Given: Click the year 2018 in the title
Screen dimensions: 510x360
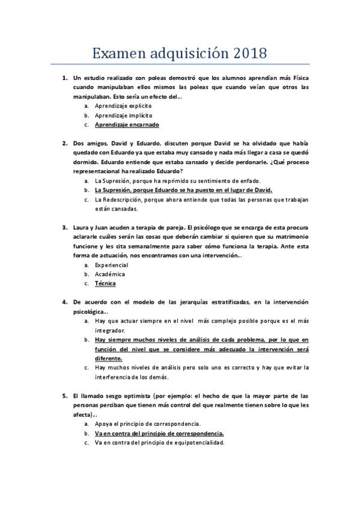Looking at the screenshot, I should pyautogui.click(x=245, y=53).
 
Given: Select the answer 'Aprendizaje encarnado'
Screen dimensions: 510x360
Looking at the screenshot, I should pyautogui.click(x=127, y=125).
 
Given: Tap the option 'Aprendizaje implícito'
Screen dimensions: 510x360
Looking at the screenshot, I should pyautogui.click(x=123, y=115).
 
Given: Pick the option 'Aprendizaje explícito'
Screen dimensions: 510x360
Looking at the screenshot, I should pyautogui.click(x=123, y=105).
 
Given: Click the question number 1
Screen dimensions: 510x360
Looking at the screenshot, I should pyautogui.click(x=65, y=78).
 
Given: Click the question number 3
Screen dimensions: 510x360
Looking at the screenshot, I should pyautogui.click(x=65, y=228).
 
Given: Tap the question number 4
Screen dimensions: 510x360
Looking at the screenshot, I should pyautogui.click(x=65, y=302).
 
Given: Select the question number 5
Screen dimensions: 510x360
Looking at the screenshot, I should pyautogui.click(x=65, y=396).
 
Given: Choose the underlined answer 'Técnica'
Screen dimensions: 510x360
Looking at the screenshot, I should pyautogui.click(x=105, y=283).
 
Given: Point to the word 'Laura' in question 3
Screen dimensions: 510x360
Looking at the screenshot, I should pyautogui.click(x=81, y=228).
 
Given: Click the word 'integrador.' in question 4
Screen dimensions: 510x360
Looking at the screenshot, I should pyautogui.click(x=109, y=330).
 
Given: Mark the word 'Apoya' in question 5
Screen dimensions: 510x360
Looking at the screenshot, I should pyautogui.click(x=103, y=424).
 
